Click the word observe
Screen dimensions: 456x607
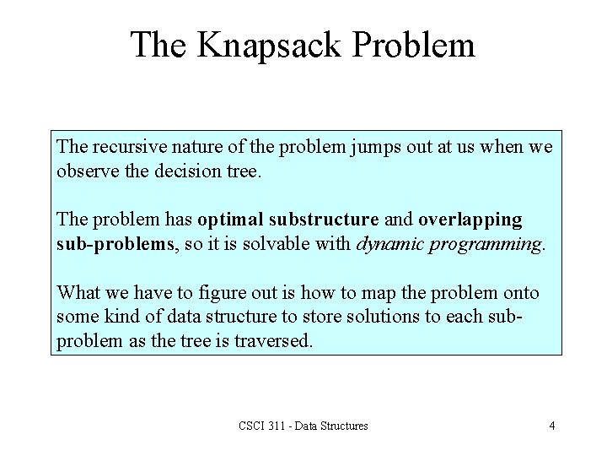pos(83,171)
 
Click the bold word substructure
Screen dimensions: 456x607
pos(324,220)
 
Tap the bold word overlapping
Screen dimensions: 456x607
pos(470,220)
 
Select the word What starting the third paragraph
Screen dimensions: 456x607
pos(78,293)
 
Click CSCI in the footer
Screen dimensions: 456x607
pos(253,426)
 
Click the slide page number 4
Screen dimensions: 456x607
pos(551,426)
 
